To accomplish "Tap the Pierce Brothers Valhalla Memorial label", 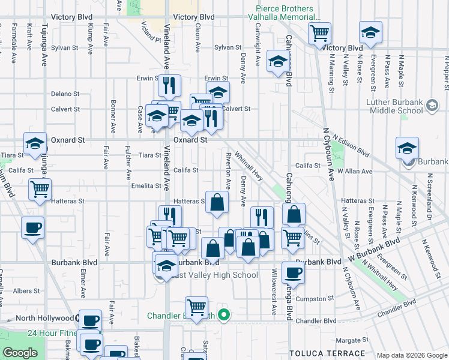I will tap(285, 13).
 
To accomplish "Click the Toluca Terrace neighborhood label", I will tap(327, 353).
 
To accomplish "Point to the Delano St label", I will tap(65, 94).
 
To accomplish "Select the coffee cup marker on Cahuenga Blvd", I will tap(293, 273).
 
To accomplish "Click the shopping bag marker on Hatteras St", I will tap(217, 202).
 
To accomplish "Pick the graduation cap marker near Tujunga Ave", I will tap(35, 144).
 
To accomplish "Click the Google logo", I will tap(20, 353).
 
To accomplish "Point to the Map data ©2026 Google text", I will tap(412, 355).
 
